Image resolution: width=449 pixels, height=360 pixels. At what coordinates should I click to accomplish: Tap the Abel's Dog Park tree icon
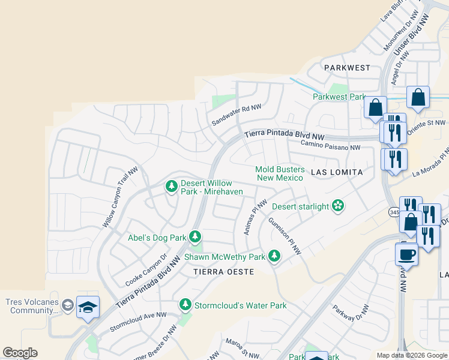pos(194,238)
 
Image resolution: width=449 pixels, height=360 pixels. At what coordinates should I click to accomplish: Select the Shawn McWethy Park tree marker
pos(274,257)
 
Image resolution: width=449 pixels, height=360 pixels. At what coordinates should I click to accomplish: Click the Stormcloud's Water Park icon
pos(185,305)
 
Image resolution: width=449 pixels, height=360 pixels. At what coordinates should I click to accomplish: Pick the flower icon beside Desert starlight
pos(339,206)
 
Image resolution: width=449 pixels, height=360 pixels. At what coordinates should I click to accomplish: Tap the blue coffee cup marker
pos(406,254)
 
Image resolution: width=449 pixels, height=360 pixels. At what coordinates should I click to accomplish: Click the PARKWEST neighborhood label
pos(347,68)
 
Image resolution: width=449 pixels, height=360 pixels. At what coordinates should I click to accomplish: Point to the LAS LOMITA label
pos(337,172)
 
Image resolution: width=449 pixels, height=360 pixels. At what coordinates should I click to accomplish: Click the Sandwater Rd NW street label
pos(237,115)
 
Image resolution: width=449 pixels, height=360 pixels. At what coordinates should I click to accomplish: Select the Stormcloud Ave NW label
pos(137,321)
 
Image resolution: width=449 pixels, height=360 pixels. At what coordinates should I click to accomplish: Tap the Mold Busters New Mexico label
pos(280,174)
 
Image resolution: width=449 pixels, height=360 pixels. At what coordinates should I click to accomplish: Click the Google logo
pos(20,353)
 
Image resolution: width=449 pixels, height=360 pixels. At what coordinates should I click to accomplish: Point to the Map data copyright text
pos(411,355)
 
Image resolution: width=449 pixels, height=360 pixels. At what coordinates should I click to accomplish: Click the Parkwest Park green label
pos(339,97)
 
